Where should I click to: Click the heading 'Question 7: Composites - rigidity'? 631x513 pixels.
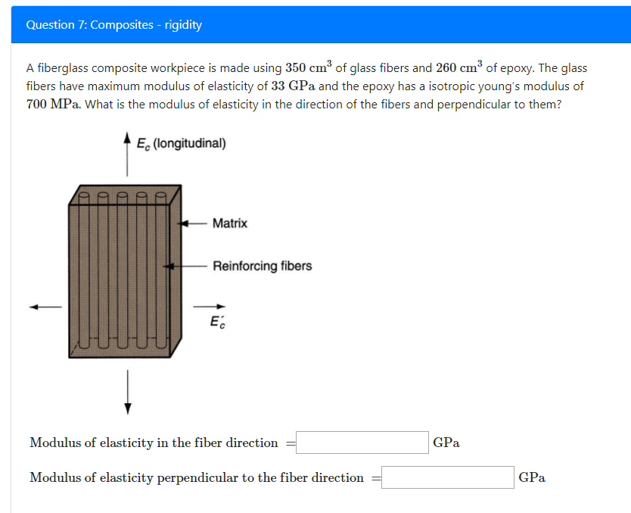coord(113,24)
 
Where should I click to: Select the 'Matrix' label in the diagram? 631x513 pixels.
coord(229,223)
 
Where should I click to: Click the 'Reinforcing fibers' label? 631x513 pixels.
coord(262,266)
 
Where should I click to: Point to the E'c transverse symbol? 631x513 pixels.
coord(217,323)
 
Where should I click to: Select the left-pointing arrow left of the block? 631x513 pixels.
coord(45,307)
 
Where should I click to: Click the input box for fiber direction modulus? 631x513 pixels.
coord(362,443)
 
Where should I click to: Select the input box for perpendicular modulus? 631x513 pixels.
coord(448,477)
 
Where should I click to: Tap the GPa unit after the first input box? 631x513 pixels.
coord(446,443)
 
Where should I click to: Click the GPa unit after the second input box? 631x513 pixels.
coord(532,477)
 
